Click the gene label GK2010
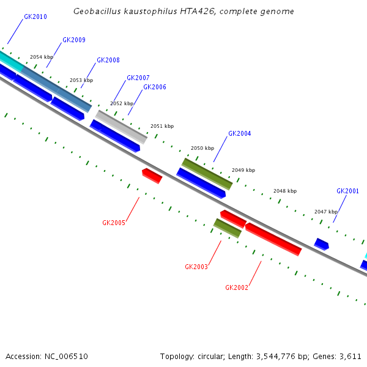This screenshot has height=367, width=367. click(35, 17)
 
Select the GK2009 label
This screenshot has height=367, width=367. click(74, 40)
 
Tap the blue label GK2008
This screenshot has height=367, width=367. click(108, 60)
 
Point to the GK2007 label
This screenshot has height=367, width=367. click(138, 78)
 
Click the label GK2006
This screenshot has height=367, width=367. click(155, 87)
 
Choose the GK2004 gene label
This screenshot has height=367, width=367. click(240, 133)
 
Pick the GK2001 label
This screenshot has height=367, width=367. click(347, 191)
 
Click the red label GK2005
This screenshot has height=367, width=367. click(114, 223)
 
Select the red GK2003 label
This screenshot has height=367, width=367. click(196, 267)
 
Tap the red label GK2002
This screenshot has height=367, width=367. click(237, 287)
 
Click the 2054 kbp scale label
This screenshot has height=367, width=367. click(42, 57)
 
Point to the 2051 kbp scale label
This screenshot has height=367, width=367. click(162, 126)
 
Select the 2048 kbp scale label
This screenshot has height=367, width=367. click(285, 191)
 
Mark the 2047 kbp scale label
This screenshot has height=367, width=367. click(326, 212)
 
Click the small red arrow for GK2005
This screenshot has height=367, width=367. click(152, 176)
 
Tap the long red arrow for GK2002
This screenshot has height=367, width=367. click(273, 239)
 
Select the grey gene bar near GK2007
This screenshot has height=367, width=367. click(121, 127)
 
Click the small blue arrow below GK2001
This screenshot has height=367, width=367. click(321, 244)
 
